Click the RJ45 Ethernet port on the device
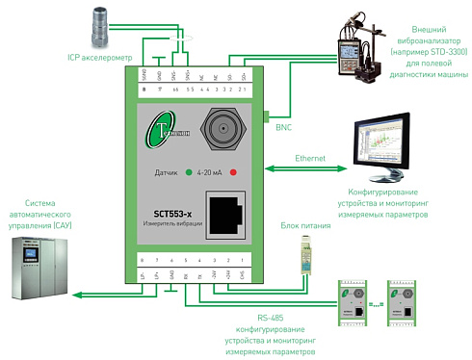point(227,219)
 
